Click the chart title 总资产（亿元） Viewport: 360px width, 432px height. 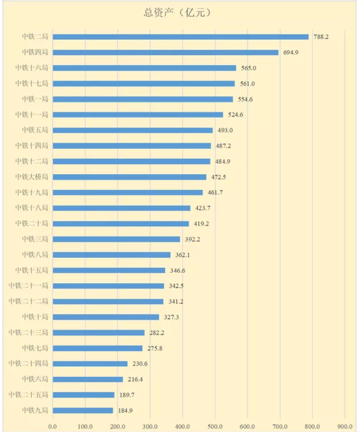tap(180, 13)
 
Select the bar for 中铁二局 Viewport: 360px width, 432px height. tap(180, 37)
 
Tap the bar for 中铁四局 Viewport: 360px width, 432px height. tap(165, 52)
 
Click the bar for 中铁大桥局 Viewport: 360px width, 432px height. tap(129, 177)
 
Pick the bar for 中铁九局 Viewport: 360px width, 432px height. tap(83, 411)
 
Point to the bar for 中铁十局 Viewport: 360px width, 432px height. tap(106, 317)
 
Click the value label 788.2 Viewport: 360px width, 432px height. tap(321, 37)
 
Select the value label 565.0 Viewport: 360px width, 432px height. tap(249, 68)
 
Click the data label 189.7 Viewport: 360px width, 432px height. tap(126, 395)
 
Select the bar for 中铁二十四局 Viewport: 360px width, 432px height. tap(90, 364)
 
